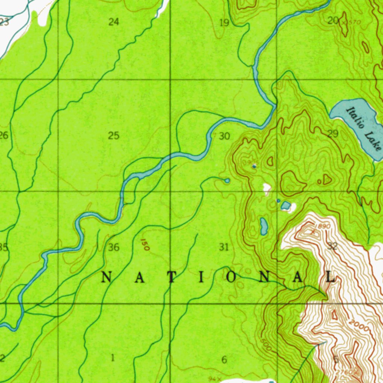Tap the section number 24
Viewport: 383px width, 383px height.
114,22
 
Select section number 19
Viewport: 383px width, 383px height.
224,23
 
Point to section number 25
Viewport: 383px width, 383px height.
114,135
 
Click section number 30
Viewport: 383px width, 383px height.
224,136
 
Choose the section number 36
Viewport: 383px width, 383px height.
114,247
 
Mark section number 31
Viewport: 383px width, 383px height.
224,247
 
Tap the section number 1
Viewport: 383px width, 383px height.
113,358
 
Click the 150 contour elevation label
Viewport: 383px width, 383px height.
145,245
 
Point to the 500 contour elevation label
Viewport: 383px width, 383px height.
266,345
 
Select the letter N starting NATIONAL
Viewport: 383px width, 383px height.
107,277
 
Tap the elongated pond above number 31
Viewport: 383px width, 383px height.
264,226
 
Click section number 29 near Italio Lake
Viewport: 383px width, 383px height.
333,134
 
